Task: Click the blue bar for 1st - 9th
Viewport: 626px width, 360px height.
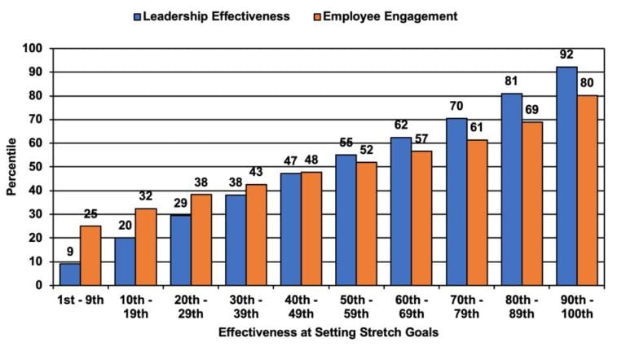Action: tap(71, 274)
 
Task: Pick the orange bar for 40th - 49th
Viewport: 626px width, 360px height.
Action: tap(311, 228)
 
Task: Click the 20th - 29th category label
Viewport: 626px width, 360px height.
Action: tap(190, 305)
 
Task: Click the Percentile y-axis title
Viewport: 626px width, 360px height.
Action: tap(11, 167)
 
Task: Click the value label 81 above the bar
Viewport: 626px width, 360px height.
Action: tap(511, 81)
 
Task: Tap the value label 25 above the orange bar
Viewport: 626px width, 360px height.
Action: tap(92, 214)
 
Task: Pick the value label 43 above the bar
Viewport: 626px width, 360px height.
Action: tap(256, 172)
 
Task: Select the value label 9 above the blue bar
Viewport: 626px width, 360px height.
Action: tap(71, 252)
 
